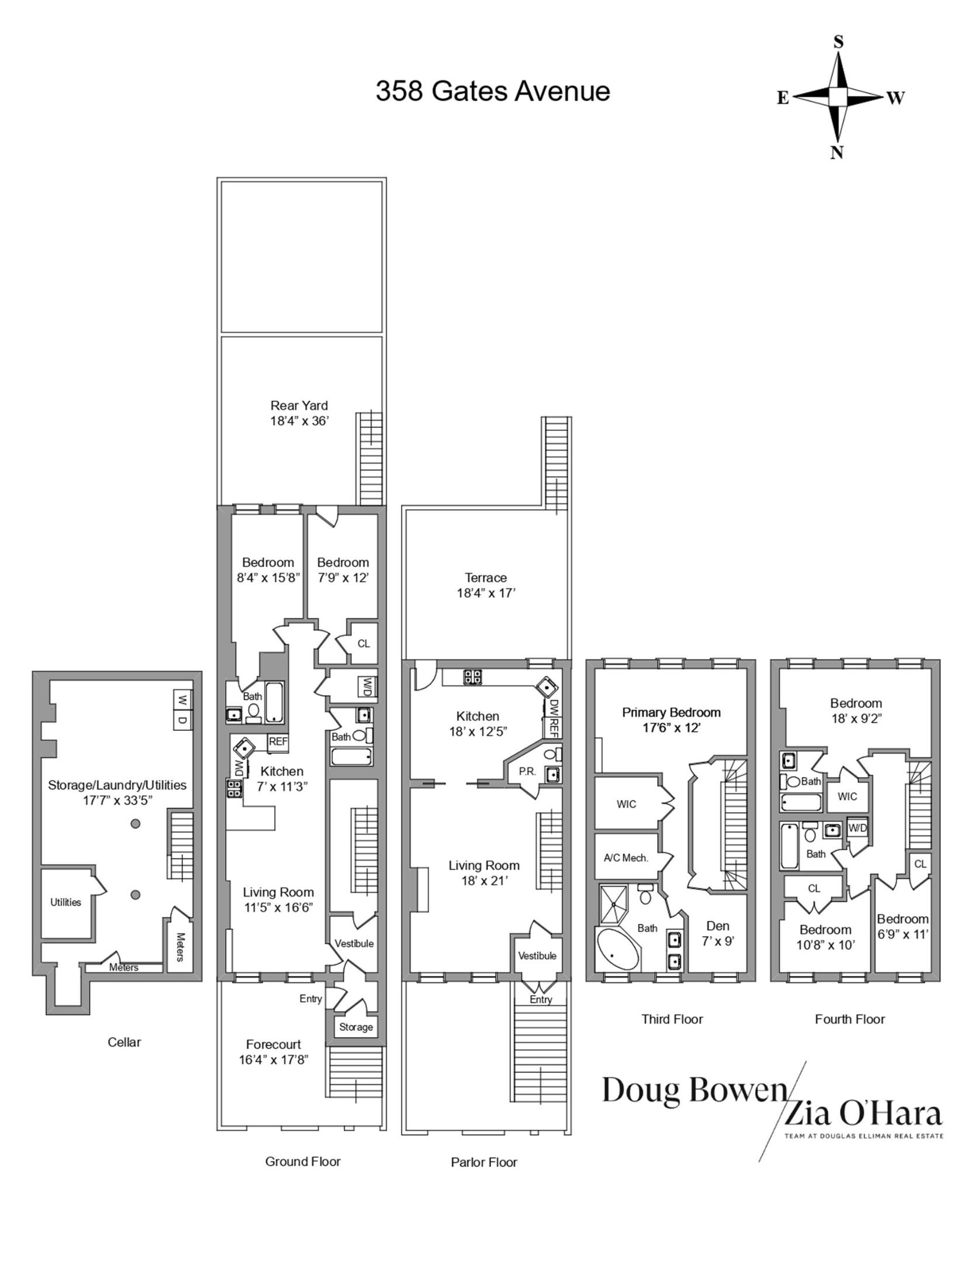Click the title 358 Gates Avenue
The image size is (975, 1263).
(x=492, y=92)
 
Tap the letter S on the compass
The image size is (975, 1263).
(x=838, y=42)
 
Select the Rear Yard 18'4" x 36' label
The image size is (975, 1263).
(x=299, y=413)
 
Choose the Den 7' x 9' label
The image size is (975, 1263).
(x=718, y=933)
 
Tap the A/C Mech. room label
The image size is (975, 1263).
(x=625, y=858)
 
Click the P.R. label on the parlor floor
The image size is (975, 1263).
(x=527, y=771)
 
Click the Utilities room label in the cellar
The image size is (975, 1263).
(x=65, y=902)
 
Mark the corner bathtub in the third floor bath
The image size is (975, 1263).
(x=617, y=950)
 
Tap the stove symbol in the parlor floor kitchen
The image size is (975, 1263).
(x=472, y=677)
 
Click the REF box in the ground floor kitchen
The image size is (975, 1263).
(x=278, y=742)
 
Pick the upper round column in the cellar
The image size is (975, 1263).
(x=135, y=824)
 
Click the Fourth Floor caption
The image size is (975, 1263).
(x=849, y=1019)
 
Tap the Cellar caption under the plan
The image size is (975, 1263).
(x=124, y=1042)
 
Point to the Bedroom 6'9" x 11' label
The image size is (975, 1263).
(x=902, y=926)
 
